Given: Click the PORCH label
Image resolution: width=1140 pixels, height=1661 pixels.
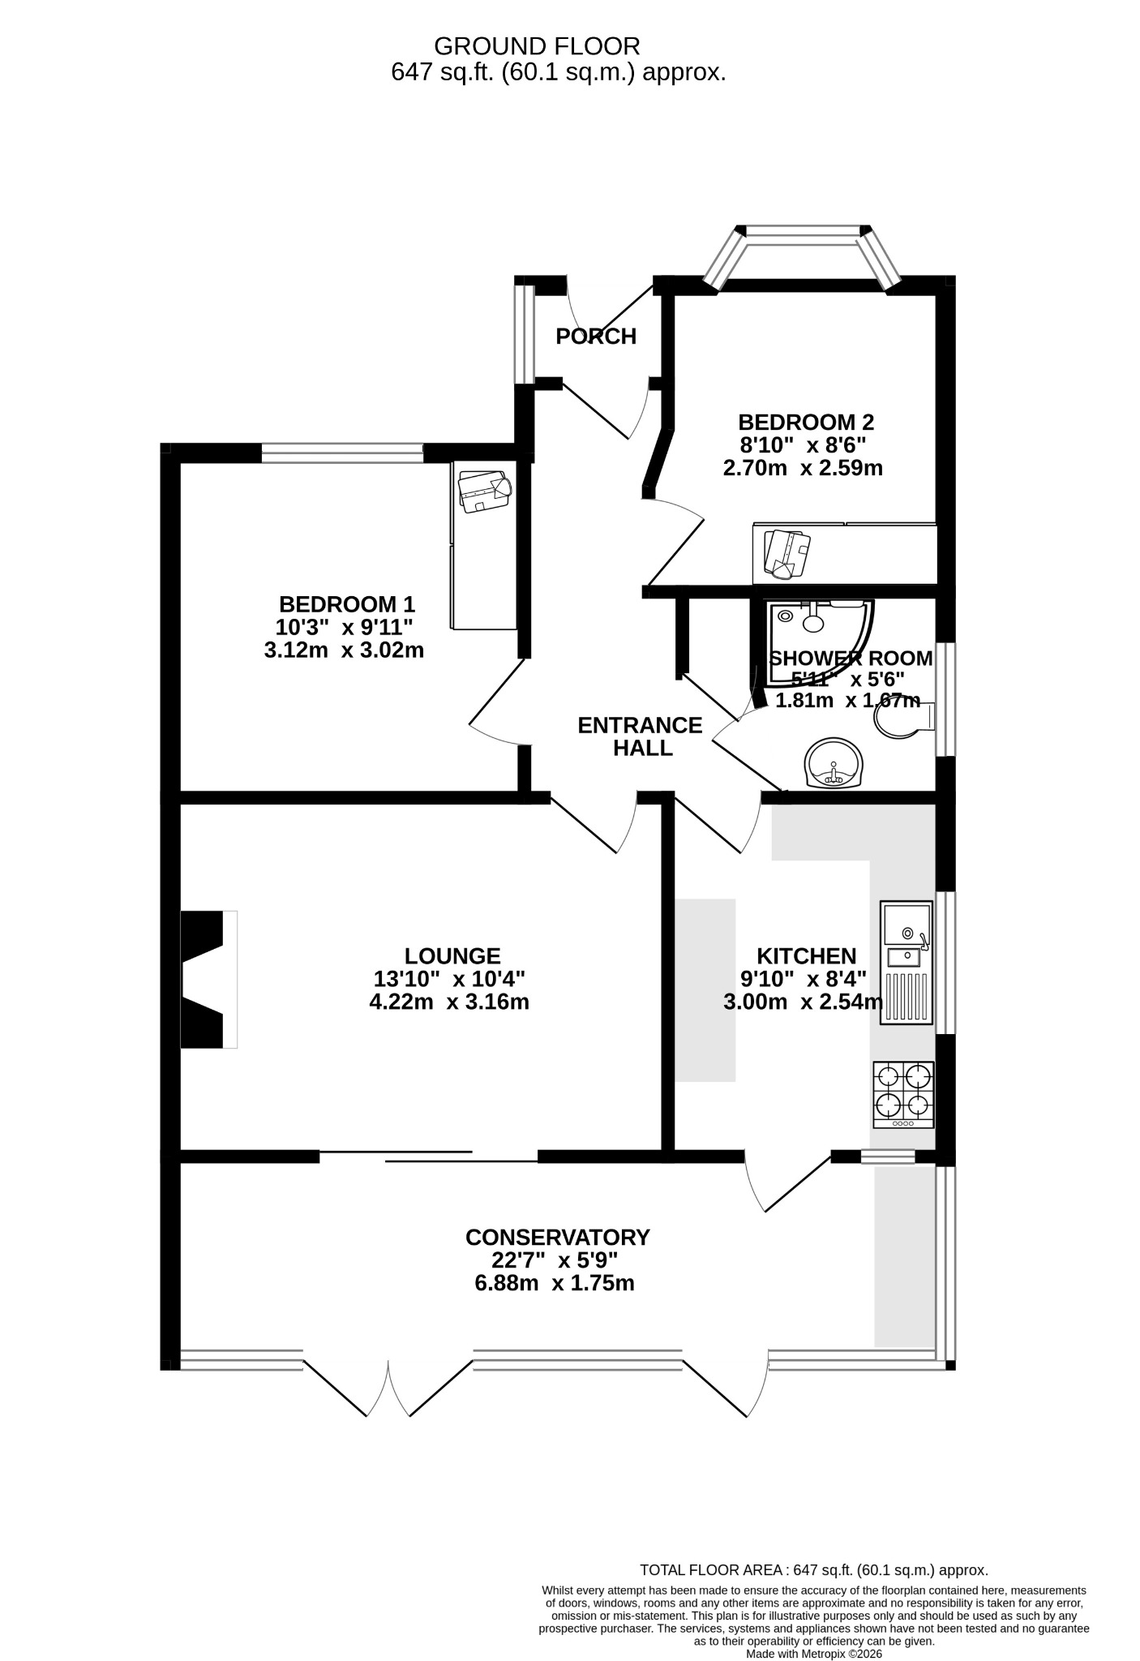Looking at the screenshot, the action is pos(596,336).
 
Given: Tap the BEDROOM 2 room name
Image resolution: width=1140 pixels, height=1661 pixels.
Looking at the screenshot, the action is pos(806,422).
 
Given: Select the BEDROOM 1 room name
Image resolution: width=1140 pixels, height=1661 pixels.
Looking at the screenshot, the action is pos(347,604).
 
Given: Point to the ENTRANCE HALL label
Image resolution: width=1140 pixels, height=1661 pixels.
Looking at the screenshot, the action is pos(641,736).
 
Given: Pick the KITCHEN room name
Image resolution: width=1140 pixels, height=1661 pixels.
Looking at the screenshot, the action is pos(806,955).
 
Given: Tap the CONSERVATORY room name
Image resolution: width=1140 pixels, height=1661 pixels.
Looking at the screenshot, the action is pos(558,1237).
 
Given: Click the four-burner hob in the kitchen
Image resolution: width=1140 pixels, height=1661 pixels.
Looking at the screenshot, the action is pos(903,1094).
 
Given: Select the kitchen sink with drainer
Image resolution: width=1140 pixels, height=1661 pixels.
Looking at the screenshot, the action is pos(906,963).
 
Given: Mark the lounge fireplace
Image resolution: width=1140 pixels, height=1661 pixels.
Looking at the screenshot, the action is pos(208,979).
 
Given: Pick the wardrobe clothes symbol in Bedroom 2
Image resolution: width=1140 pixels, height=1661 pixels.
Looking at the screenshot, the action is pos(787,554).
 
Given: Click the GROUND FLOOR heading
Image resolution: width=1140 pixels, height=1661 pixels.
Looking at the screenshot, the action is pos(537,45).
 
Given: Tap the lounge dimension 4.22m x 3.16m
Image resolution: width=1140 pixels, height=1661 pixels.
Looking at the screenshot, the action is pos(449,1002).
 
